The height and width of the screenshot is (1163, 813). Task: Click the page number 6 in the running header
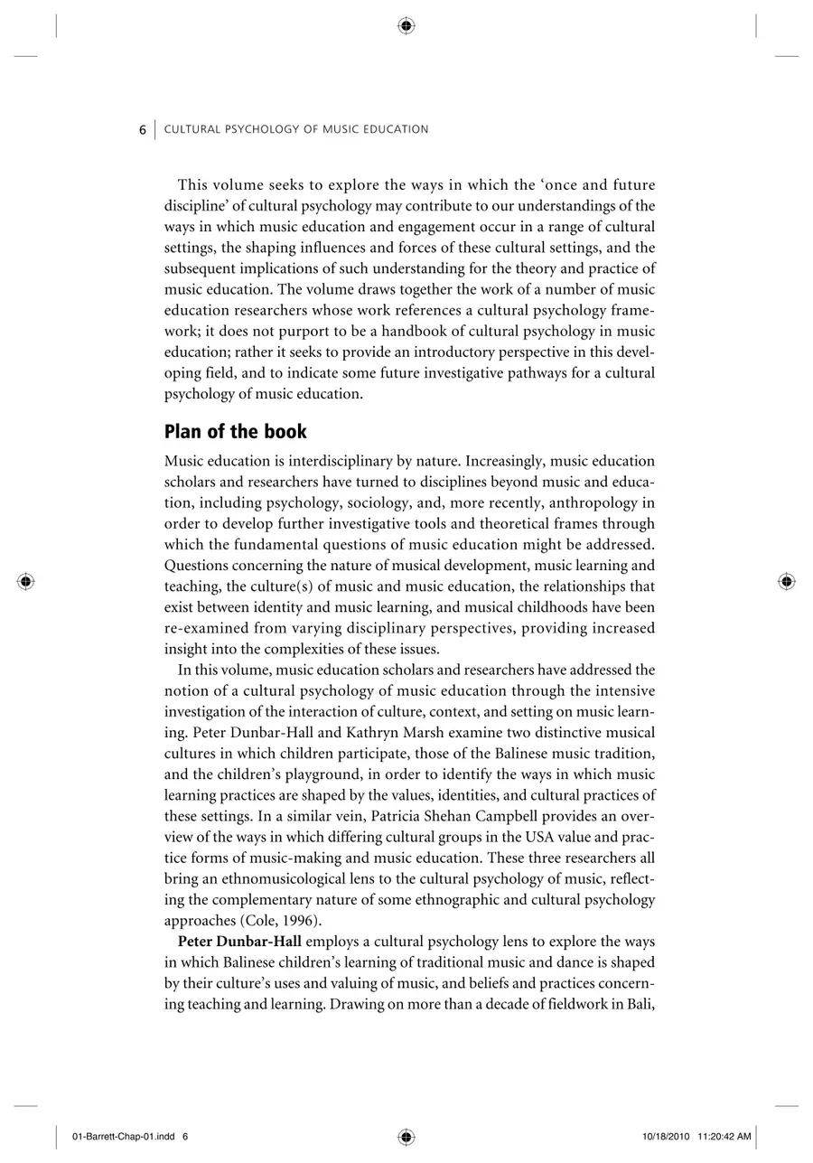tap(143, 129)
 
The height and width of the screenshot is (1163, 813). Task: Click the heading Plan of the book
tap(235, 431)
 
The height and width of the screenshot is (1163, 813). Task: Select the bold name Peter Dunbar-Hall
tap(239, 941)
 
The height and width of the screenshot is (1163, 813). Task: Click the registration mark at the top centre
tap(406, 26)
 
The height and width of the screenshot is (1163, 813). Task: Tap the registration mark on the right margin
tap(786, 581)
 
